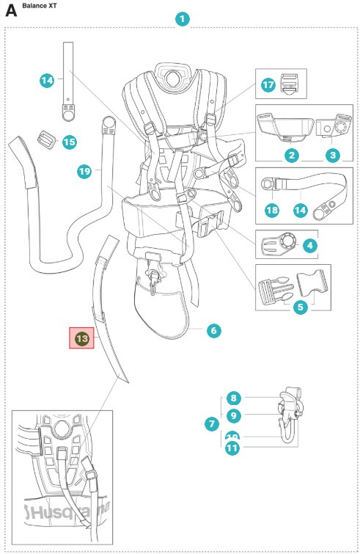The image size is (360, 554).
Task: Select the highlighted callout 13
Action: [82, 338]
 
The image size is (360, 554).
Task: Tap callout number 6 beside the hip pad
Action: [213, 331]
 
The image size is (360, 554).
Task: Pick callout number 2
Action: [291, 155]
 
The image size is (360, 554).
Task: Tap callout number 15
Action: [70, 142]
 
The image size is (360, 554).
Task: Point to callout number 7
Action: [213, 423]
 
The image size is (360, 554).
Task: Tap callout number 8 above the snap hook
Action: [233, 398]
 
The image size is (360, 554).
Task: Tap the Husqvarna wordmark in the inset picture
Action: [66, 509]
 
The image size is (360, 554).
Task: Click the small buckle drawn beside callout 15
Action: [47, 139]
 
